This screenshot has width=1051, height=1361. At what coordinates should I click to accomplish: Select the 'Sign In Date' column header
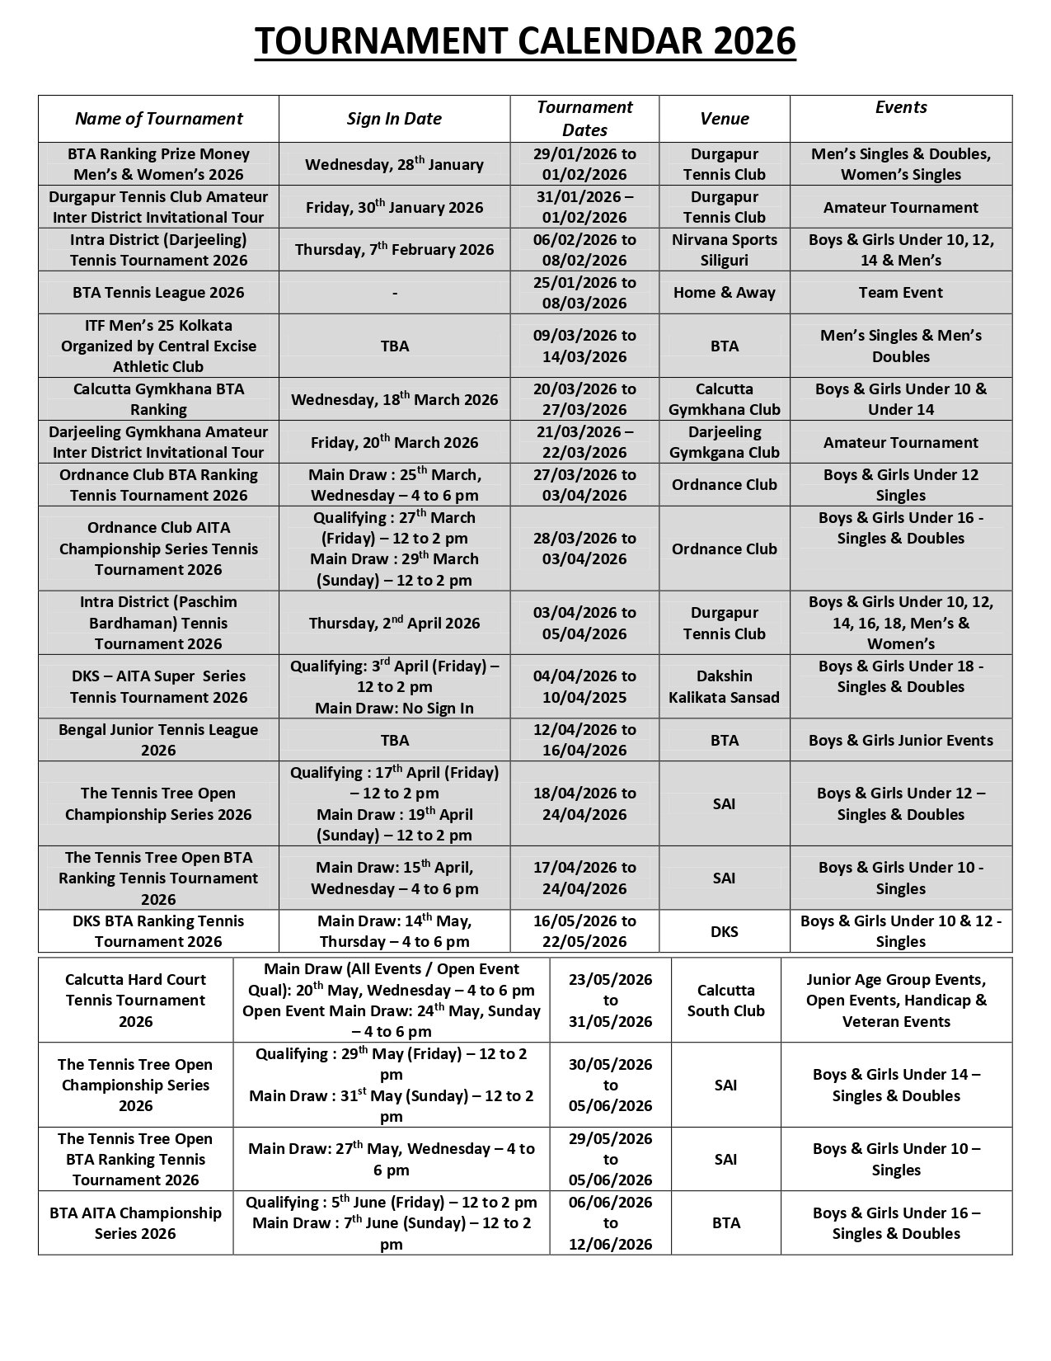tap(394, 119)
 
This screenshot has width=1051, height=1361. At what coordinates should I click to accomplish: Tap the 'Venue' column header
tap(724, 119)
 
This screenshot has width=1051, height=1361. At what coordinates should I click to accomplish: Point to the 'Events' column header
tap(901, 107)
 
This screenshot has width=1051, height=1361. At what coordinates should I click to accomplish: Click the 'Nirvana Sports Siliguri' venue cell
tap(724, 250)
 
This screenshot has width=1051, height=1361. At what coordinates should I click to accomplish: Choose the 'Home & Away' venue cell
tap(724, 293)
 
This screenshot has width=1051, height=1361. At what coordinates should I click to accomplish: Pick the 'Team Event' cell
tap(900, 293)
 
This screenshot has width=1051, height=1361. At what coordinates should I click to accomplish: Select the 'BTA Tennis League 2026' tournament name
tap(158, 293)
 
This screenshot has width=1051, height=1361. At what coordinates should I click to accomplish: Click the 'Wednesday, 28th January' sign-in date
tap(394, 164)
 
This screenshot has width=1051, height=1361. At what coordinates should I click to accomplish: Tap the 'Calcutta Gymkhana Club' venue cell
tap(724, 399)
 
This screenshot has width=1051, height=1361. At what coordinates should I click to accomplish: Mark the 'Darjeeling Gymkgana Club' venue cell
tap(724, 442)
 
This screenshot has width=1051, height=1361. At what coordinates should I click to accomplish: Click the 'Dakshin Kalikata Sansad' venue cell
tap(724, 686)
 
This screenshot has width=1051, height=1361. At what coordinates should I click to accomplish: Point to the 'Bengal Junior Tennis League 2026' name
tap(158, 740)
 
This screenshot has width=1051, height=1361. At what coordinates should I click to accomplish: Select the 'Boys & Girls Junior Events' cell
tap(900, 740)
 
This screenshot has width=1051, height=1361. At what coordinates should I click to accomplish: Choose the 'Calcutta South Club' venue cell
tap(725, 1001)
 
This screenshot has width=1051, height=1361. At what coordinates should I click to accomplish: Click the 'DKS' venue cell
tap(724, 931)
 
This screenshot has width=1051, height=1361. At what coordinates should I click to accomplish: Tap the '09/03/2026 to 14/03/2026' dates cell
tap(584, 346)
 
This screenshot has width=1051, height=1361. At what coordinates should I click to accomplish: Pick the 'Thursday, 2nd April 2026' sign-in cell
tap(394, 623)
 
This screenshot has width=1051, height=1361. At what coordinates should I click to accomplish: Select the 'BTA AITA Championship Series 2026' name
tap(135, 1223)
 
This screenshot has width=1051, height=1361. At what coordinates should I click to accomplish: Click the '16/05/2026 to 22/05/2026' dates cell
tap(584, 931)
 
